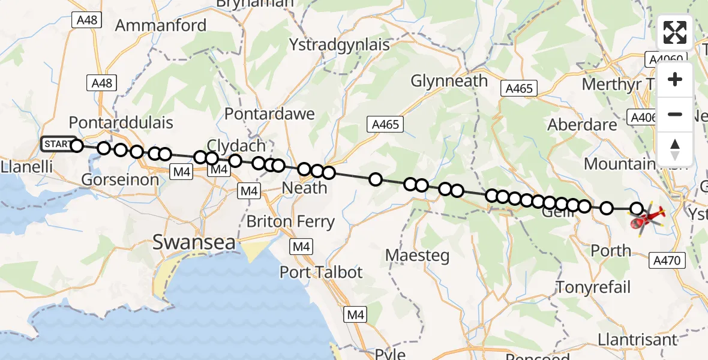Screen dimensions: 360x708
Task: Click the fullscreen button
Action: tap(675, 32)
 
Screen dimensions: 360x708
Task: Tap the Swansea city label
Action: tap(192, 242)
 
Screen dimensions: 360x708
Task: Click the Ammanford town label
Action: tap(160, 25)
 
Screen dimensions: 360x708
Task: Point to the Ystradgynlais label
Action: tap(339, 44)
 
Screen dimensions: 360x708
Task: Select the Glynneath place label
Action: tap(449, 80)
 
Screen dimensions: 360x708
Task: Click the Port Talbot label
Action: tap(321, 272)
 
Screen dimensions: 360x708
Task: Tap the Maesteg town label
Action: tap(417, 255)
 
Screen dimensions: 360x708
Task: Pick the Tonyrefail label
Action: tap(593, 287)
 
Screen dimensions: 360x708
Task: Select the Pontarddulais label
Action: tap(121, 122)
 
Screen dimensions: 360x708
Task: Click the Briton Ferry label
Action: tap(290, 221)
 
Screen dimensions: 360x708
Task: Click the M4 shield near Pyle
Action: tap(355, 314)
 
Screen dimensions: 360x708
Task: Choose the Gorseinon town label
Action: tap(120, 179)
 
